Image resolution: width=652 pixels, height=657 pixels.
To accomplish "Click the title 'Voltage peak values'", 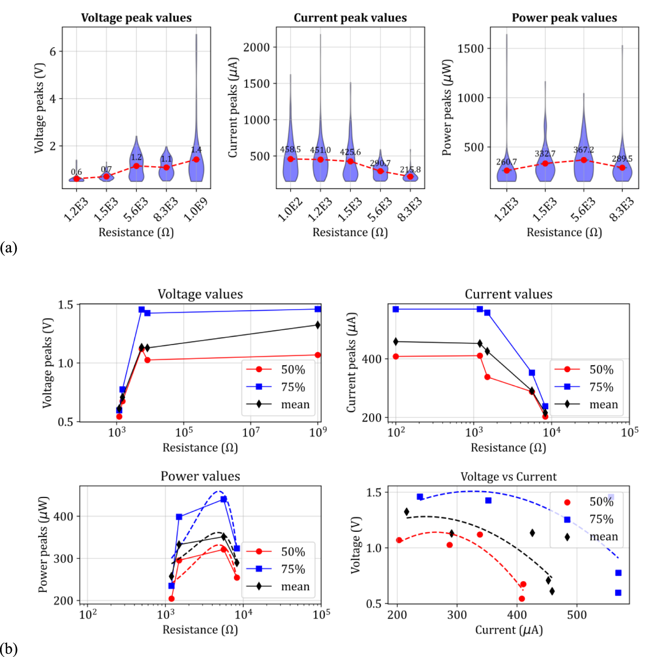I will click(136, 18).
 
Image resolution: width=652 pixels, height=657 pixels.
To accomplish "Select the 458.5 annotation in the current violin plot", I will click(290, 150).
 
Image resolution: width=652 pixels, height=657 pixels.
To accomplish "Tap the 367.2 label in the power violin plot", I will click(584, 150).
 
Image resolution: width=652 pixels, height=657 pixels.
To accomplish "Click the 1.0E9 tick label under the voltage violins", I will click(196, 209).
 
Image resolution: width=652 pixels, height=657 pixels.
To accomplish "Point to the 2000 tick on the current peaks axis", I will click(256, 47).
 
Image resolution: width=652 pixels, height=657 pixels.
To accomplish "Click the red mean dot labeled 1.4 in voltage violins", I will click(196, 159).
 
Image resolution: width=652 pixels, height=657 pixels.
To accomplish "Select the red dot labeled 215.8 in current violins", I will click(410, 176).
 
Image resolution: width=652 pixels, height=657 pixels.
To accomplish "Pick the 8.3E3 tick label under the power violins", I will click(622, 209).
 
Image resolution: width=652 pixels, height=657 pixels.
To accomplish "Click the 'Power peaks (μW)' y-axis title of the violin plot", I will click(447, 108).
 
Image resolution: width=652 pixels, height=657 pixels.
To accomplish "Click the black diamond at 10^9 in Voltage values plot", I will click(317, 325).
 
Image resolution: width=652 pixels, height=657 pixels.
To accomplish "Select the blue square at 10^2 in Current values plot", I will click(396, 309).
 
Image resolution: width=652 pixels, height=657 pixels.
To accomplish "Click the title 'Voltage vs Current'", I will click(508, 476).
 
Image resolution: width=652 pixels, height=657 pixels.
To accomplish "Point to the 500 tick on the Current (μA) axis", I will click(577, 615).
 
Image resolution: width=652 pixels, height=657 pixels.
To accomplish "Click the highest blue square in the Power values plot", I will click(223, 499).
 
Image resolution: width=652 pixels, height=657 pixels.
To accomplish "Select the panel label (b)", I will click(9, 648).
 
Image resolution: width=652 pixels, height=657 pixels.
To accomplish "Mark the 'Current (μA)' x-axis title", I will click(509, 630).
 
